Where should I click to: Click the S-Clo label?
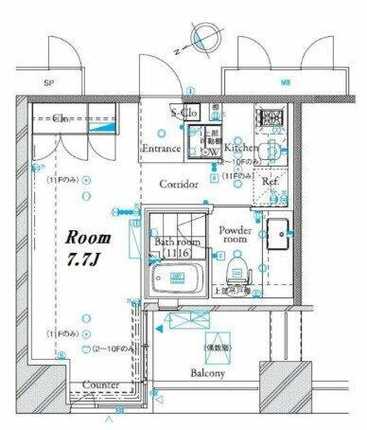coord(183,113)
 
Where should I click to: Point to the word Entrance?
coord(161,149)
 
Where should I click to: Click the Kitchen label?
coord(241,149)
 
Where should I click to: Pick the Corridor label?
coord(178,185)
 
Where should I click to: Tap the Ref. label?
coord(270,181)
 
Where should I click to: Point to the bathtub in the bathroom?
coord(178,280)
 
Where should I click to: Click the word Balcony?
coord(211,374)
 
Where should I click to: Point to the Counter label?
coord(100,385)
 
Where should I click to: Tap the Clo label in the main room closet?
coord(59,119)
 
